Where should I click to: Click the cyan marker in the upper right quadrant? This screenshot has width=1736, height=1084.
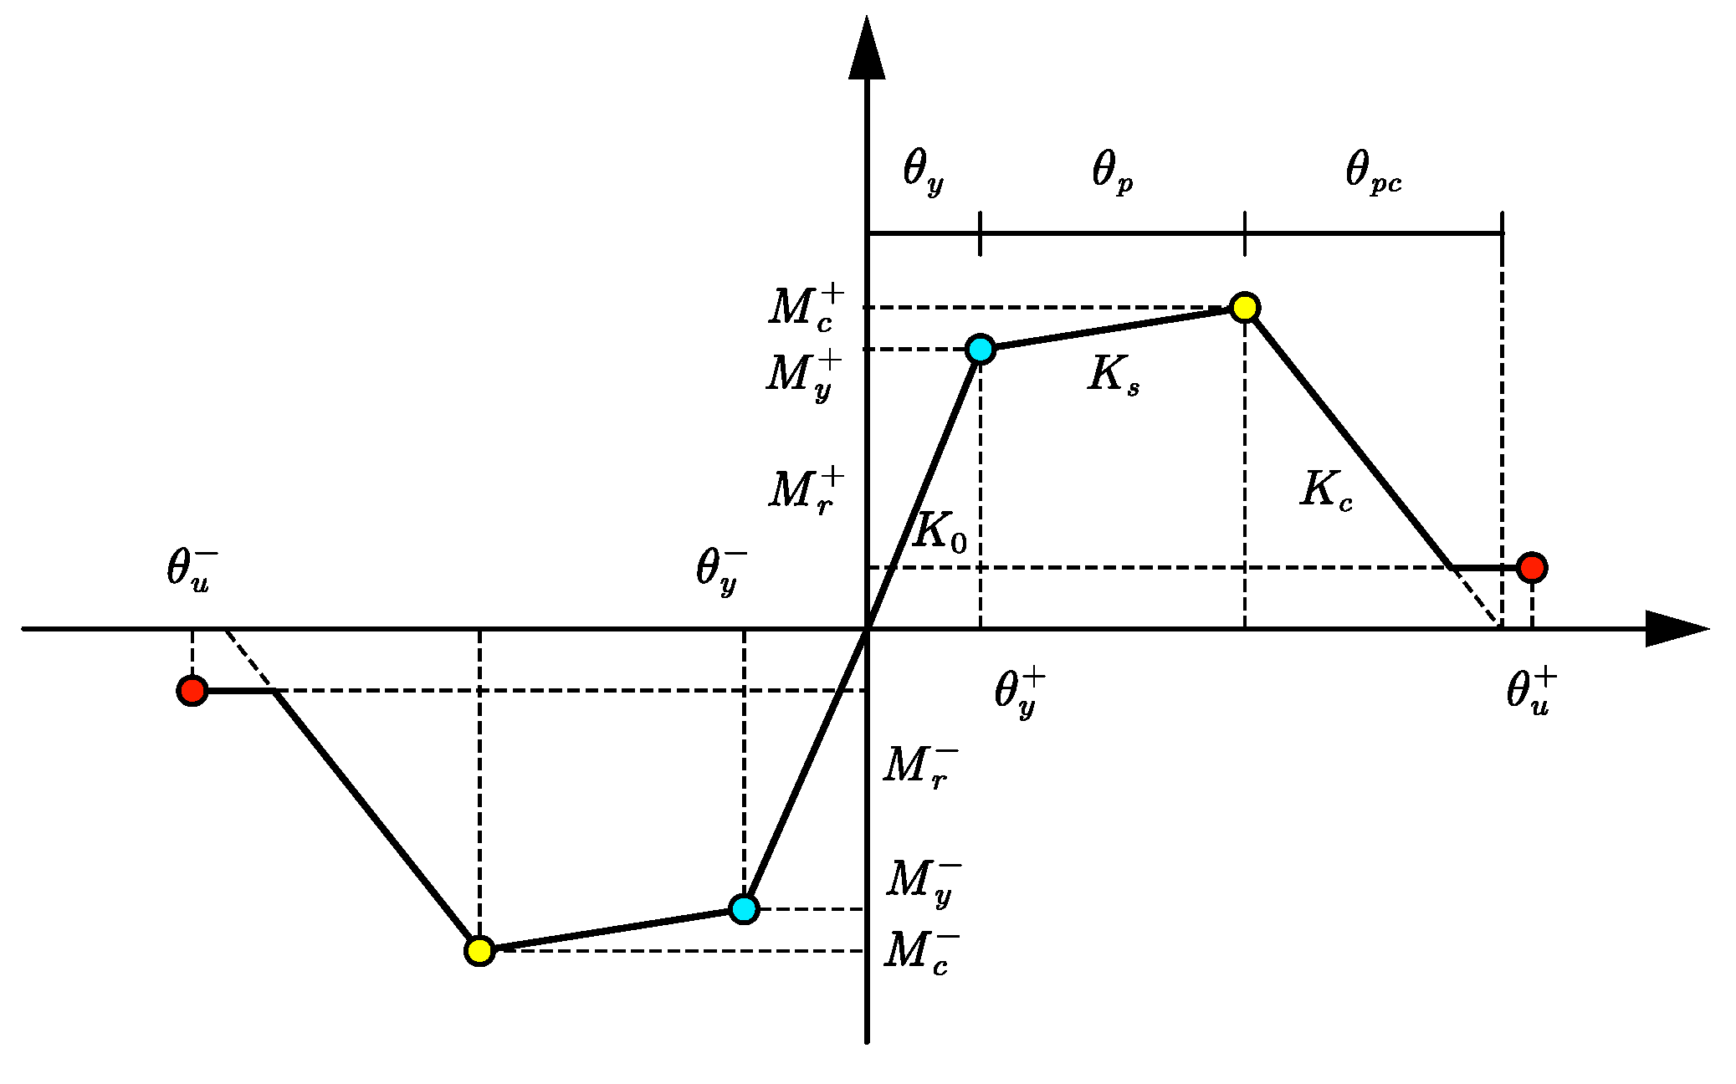click(x=980, y=349)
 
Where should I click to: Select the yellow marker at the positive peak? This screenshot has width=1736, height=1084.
click(x=1245, y=308)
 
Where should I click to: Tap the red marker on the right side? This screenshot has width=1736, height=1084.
click(x=1532, y=568)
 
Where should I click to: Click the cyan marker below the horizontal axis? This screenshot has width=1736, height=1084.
click(x=744, y=908)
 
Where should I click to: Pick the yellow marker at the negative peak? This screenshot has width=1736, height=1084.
click(x=479, y=951)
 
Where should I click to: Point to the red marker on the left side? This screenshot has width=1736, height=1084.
click(x=192, y=691)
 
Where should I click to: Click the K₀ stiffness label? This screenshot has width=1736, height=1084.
click(x=940, y=532)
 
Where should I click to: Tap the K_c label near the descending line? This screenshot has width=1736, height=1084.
click(x=1326, y=490)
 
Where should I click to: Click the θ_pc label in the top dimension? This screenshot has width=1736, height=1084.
click(x=1373, y=171)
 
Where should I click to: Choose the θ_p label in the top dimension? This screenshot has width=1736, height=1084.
click(x=1112, y=171)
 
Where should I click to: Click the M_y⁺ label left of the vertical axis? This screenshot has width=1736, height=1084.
click(x=803, y=375)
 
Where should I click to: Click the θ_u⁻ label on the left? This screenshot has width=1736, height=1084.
click(x=192, y=569)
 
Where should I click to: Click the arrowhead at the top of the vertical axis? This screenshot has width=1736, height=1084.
click(x=867, y=50)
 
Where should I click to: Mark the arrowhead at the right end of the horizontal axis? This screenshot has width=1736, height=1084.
click(x=1673, y=628)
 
